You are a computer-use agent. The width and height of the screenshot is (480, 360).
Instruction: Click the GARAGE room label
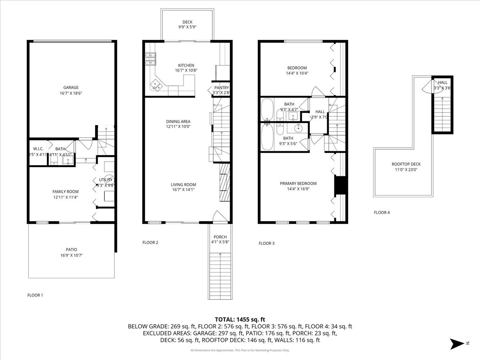[x=71, y=88]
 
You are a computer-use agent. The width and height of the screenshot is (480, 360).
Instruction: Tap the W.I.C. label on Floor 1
[x=38, y=149]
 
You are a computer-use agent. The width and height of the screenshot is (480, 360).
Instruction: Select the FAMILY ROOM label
[x=66, y=192]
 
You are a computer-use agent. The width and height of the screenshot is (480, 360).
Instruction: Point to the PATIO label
[x=72, y=249]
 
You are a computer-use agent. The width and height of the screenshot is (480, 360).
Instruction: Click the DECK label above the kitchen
[x=188, y=22]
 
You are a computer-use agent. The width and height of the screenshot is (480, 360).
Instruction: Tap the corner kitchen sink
[x=156, y=85]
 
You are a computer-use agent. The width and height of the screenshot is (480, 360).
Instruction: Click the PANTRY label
[x=221, y=88]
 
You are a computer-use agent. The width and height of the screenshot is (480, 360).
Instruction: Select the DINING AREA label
[x=178, y=122]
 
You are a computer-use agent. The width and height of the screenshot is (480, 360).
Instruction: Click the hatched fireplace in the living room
[x=225, y=182]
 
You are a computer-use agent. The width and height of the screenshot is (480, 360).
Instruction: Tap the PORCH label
[x=220, y=236]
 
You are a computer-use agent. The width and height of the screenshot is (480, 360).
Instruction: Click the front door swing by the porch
[x=220, y=217]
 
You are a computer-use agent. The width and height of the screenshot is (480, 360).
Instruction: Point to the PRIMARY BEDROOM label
[x=298, y=184]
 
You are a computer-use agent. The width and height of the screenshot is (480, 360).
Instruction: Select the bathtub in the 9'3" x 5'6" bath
[x=267, y=137]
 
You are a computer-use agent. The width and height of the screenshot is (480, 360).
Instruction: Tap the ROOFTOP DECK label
[x=406, y=164]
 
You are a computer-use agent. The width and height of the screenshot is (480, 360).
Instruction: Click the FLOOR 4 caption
[x=382, y=212]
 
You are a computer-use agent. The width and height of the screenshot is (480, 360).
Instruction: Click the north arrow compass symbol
[x=457, y=344]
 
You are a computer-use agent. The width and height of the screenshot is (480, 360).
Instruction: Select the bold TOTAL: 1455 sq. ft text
[x=240, y=319]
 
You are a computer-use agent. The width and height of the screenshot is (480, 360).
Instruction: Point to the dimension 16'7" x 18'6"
[x=71, y=93]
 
